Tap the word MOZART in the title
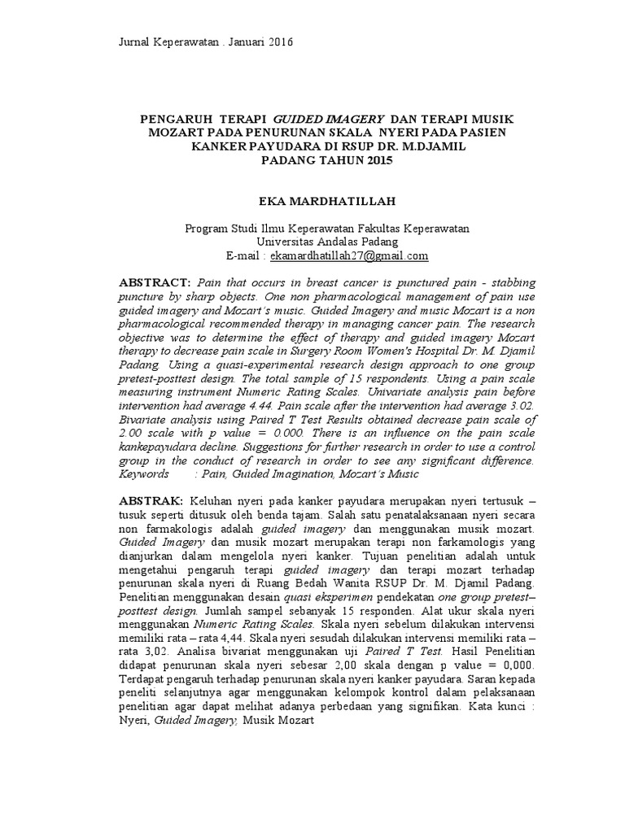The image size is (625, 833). click(173, 133)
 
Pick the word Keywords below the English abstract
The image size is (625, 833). click(145, 473)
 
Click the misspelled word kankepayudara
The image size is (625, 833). click(160, 448)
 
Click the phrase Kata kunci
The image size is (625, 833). click(504, 706)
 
